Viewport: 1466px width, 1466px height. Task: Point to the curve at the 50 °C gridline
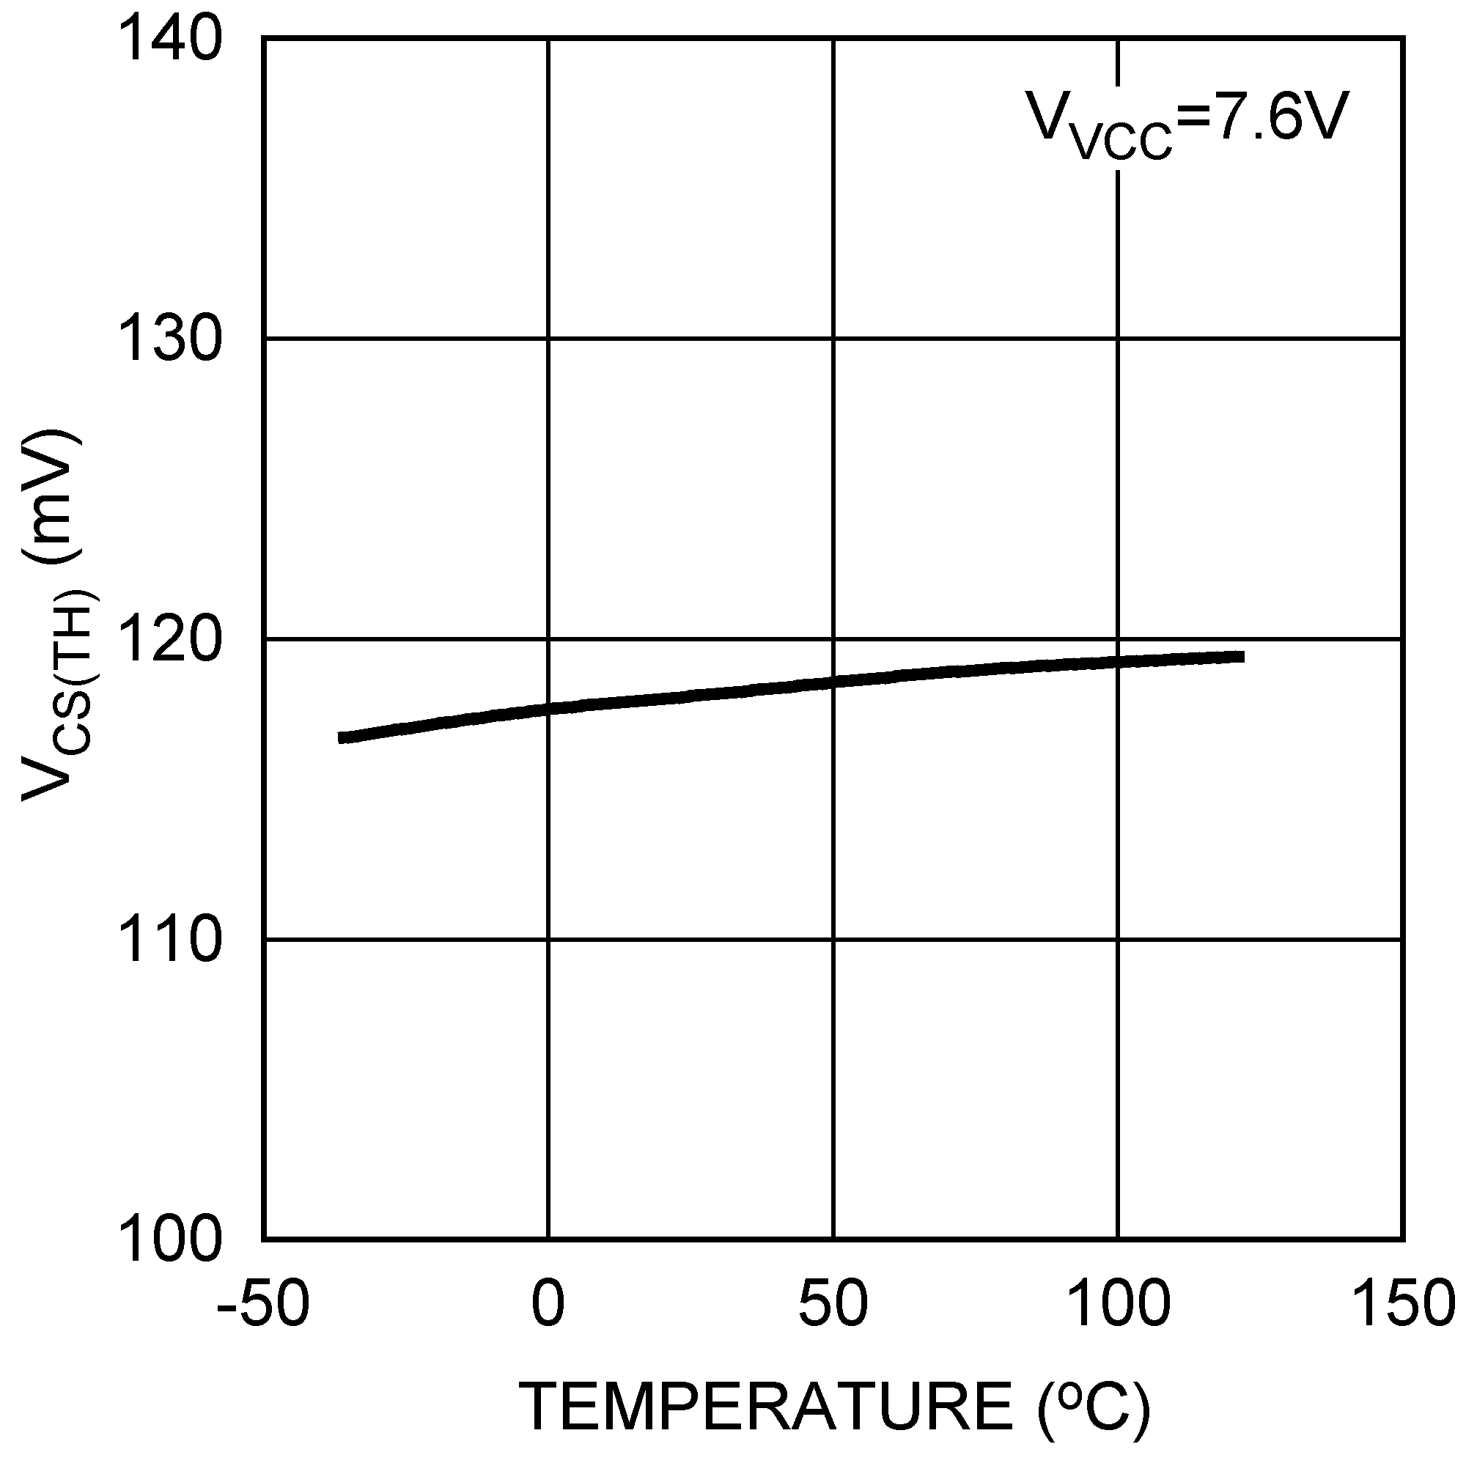point(833,682)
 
